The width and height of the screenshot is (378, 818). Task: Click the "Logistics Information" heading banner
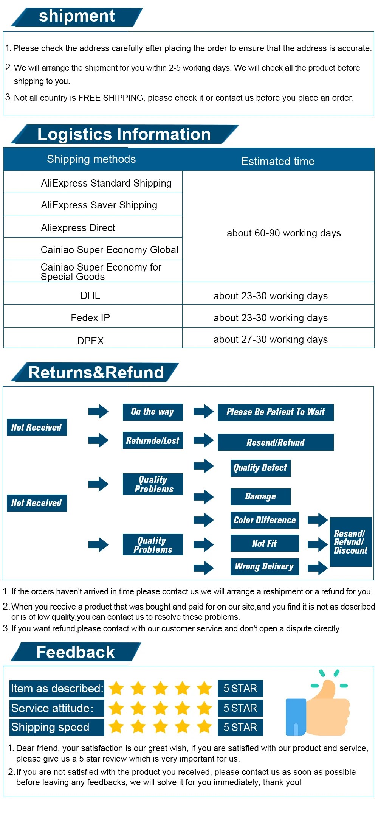[x=125, y=134]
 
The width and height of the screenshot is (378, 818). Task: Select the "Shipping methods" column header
[x=91, y=159]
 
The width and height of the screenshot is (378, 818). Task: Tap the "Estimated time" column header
[x=278, y=161]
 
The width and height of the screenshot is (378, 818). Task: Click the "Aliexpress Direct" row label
[x=78, y=228]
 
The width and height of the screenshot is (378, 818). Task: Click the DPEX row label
[x=90, y=341]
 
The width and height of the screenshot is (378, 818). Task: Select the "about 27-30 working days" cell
[x=271, y=339]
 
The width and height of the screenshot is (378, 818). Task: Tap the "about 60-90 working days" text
[x=284, y=233]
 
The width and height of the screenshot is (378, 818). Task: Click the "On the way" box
[x=153, y=412]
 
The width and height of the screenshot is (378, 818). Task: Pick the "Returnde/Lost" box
[x=153, y=440]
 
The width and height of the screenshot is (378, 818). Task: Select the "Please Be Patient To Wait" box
[x=276, y=412]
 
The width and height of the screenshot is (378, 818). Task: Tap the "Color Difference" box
[x=265, y=520]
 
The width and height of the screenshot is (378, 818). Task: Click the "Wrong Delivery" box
[x=265, y=567]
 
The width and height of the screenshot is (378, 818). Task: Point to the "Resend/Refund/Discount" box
[x=351, y=542]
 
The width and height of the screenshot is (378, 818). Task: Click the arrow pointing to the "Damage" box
[x=204, y=497]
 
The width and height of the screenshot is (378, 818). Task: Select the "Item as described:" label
[x=57, y=688]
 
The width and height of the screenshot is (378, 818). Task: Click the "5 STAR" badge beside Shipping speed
[x=240, y=727]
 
